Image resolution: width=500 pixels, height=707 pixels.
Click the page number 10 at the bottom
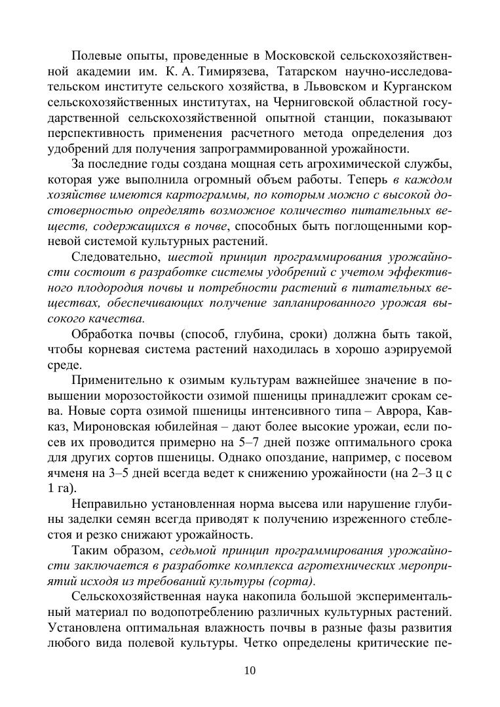250,670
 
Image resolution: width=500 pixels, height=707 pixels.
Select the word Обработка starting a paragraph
102,334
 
